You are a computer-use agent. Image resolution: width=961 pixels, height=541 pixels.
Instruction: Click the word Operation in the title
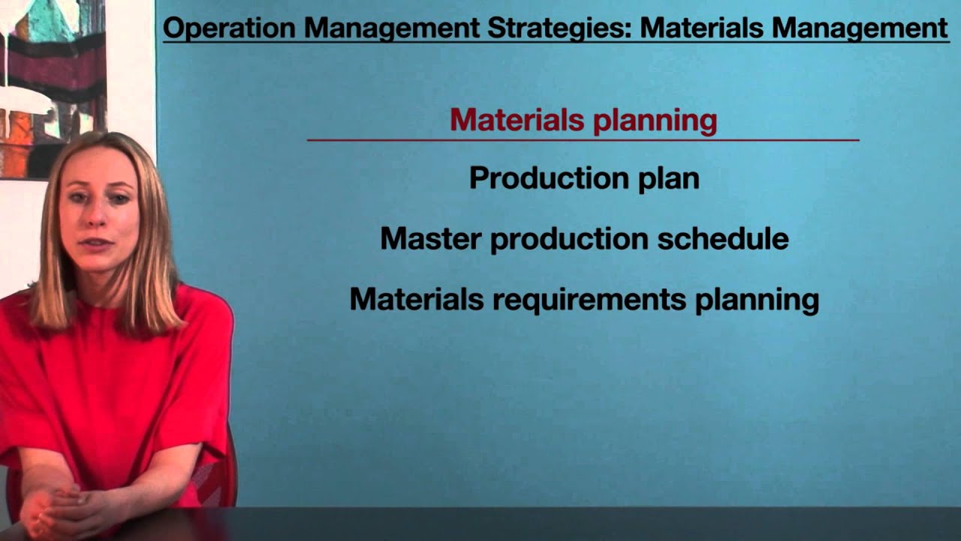tap(230, 28)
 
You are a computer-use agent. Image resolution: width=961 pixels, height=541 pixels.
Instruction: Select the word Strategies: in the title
tap(560, 29)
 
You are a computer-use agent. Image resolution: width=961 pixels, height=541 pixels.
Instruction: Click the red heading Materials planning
tap(583, 120)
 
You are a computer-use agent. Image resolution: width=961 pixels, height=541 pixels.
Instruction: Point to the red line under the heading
tap(583, 140)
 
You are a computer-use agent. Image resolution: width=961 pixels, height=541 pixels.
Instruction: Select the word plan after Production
tap(669, 179)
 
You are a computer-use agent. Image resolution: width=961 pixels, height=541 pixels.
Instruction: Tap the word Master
tap(431, 239)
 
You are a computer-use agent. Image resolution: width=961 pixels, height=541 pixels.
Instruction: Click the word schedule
tap(723, 238)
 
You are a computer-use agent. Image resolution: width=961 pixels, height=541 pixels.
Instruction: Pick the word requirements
tap(589, 300)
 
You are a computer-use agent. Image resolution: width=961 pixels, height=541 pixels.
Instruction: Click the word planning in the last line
tap(758, 300)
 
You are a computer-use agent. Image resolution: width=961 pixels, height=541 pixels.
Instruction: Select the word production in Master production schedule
tap(569, 240)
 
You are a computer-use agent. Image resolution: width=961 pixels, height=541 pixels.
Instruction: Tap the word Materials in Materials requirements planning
tap(417, 299)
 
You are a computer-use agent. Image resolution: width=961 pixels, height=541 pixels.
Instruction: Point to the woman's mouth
tap(97, 245)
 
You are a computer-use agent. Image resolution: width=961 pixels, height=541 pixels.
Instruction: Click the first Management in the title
tap(392, 29)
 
